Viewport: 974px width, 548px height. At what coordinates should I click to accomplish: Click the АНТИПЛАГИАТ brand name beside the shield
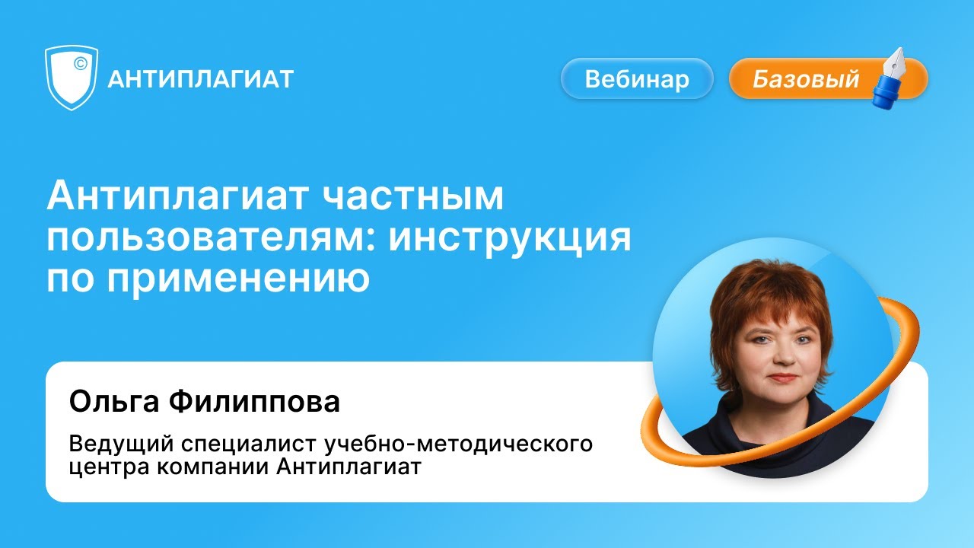click(201, 79)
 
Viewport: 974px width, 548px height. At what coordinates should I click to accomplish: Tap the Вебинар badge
click(637, 79)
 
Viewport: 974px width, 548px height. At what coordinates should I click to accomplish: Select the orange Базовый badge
click(807, 79)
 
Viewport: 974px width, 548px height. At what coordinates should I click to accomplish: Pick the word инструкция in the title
click(511, 239)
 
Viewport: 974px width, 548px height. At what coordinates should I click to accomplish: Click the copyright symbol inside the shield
click(79, 64)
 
